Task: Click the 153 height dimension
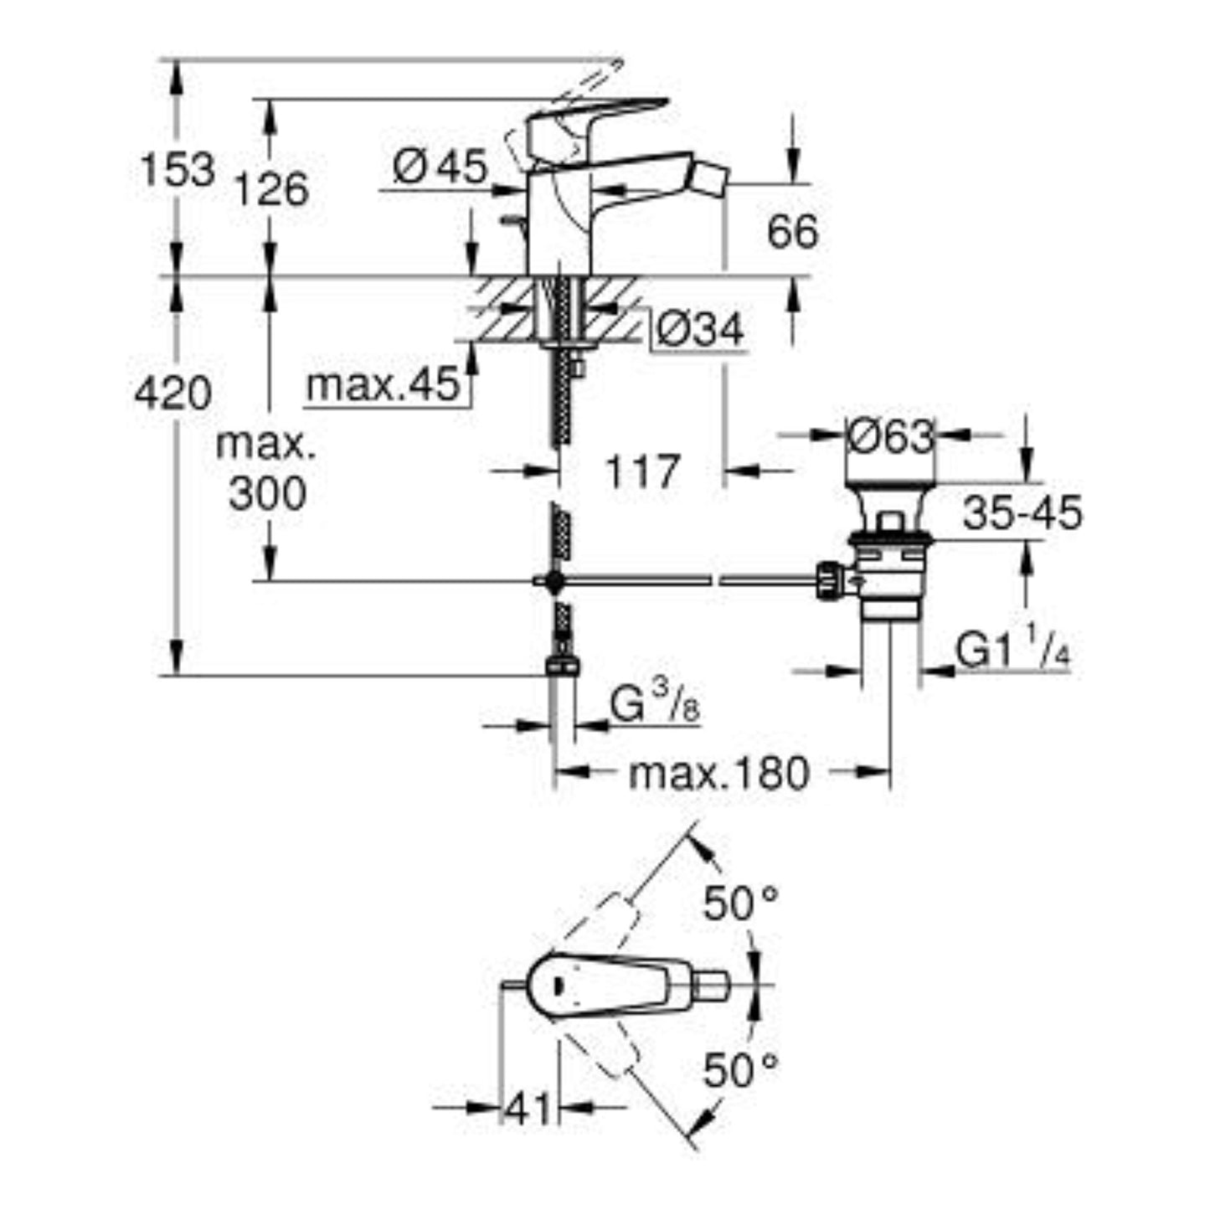pyautogui.click(x=177, y=170)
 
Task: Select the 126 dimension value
pyautogui.click(x=270, y=188)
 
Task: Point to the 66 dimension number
pyautogui.click(x=791, y=231)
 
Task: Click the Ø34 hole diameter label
pyautogui.click(x=699, y=330)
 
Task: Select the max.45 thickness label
pyautogui.click(x=384, y=386)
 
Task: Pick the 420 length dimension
pyautogui.click(x=174, y=393)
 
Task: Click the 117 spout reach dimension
pyautogui.click(x=641, y=472)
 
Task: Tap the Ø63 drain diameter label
pyautogui.click(x=889, y=436)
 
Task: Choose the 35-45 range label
pyautogui.click(x=1022, y=513)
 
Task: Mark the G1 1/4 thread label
pyautogui.click(x=1012, y=651)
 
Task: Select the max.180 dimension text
pyautogui.click(x=718, y=774)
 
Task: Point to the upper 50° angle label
pyautogui.click(x=740, y=904)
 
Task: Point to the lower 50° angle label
pyautogui.click(x=740, y=1069)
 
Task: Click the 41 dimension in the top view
pyautogui.click(x=528, y=1110)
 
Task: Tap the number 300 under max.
pyautogui.click(x=267, y=494)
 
